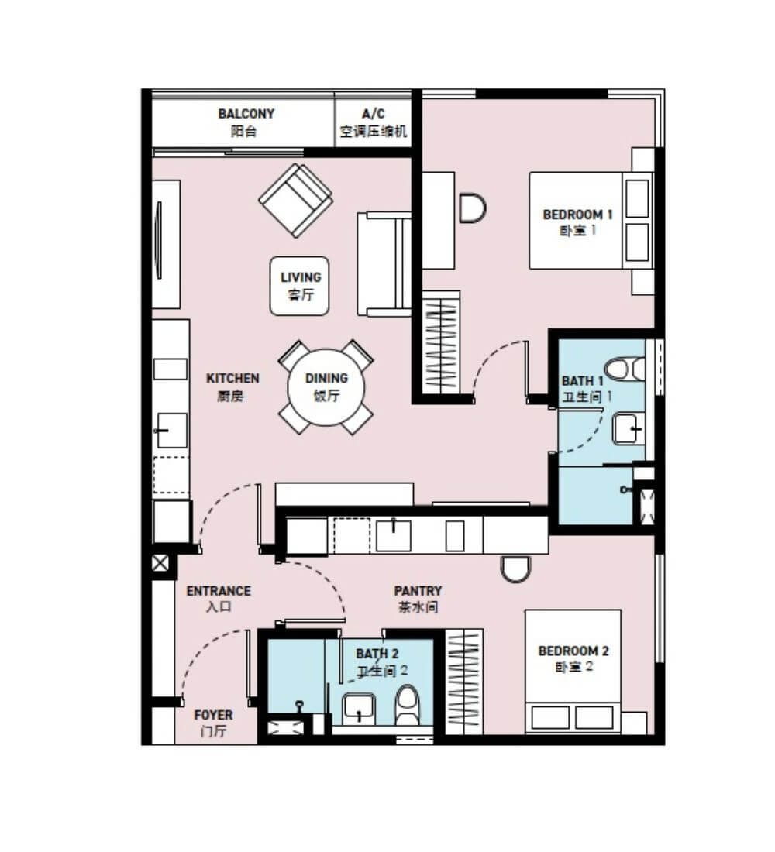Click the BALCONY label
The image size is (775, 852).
(x=246, y=122)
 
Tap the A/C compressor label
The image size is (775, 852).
(x=373, y=122)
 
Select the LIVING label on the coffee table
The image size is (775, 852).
(x=300, y=286)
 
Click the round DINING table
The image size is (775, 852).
(x=325, y=386)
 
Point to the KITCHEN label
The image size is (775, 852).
(x=232, y=386)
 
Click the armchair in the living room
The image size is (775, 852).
(x=296, y=201)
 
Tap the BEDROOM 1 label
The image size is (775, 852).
(x=577, y=222)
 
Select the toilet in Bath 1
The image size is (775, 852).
(x=625, y=369)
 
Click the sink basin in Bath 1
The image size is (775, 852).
(x=629, y=429)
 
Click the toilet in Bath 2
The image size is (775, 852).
(x=408, y=705)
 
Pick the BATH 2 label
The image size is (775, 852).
(x=377, y=661)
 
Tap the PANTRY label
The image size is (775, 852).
(x=418, y=599)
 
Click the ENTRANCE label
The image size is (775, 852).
(x=219, y=598)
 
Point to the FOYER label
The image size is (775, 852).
(x=213, y=723)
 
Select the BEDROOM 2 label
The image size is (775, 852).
(x=573, y=658)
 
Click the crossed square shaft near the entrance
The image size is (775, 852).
(x=160, y=563)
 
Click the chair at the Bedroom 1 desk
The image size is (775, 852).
(x=472, y=208)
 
